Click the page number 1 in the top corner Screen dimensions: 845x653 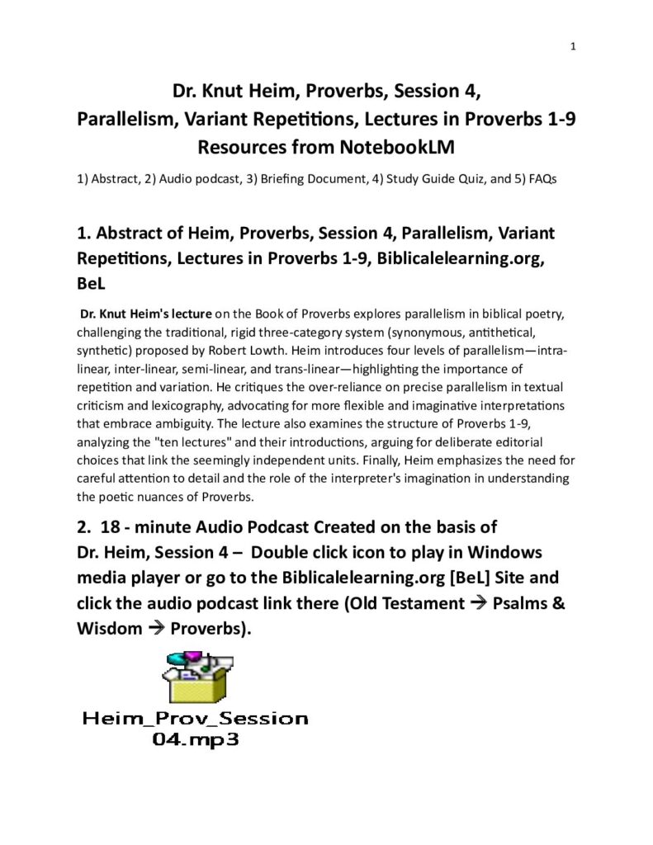(x=573, y=46)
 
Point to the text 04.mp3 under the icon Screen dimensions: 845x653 (x=195, y=740)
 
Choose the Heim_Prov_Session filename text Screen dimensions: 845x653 (x=195, y=718)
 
